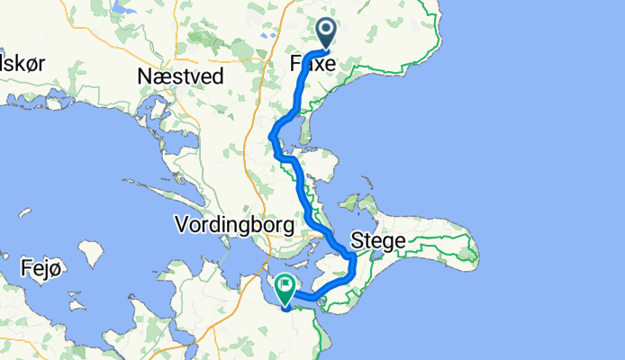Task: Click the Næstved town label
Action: point(180,77)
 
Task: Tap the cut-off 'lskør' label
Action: point(23,63)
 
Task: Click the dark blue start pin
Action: point(325,33)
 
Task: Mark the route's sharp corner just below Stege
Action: point(353,260)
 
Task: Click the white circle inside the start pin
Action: point(325,31)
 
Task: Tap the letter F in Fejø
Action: point(26,267)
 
